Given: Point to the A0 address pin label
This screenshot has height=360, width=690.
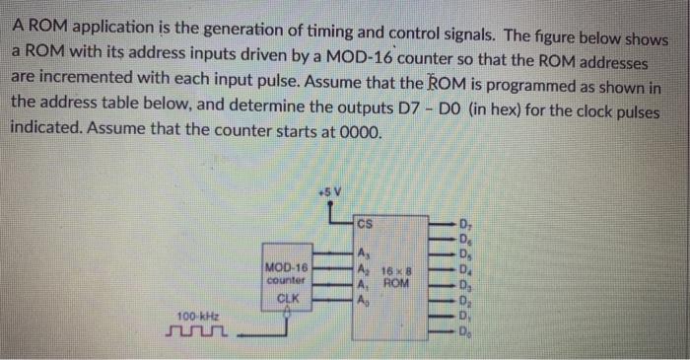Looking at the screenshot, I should (x=365, y=300).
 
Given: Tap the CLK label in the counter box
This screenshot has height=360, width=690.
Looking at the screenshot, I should (x=287, y=296).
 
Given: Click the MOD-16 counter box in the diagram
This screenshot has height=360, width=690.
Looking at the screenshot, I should (x=287, y=281).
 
